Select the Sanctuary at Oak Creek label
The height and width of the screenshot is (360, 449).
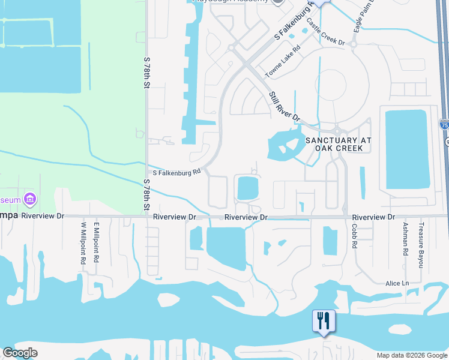coord(339,144)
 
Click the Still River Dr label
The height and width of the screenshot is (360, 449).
coord(284,107)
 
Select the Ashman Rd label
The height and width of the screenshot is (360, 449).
coord(406,236)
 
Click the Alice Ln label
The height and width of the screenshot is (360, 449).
coord(397,283)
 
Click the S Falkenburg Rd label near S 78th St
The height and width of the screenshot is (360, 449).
coord(176,173)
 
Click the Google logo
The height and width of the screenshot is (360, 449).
coord(20,353)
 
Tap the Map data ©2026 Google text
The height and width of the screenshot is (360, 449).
coord(411,355)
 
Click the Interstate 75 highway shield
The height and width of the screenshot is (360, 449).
coord(444,125)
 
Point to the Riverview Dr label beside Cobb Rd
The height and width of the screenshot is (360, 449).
coord(374,217)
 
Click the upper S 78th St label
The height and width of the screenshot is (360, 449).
coord(146,74)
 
